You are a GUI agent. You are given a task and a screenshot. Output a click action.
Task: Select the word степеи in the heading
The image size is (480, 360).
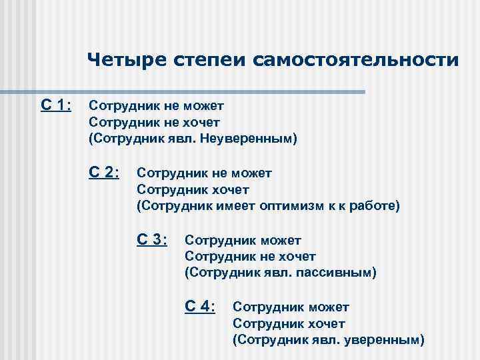pos(204,60)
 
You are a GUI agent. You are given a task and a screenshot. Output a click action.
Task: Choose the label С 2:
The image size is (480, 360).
pos(104,172)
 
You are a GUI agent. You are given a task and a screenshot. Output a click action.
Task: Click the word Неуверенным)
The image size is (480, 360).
pos(257,139)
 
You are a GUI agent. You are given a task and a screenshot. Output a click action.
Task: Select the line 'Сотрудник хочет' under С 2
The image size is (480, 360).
pos(193,189)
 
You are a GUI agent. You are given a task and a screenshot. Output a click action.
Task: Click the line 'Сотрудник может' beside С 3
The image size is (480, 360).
pos(243,239)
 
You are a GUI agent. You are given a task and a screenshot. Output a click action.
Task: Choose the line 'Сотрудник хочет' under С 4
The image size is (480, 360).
pos(289,323)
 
